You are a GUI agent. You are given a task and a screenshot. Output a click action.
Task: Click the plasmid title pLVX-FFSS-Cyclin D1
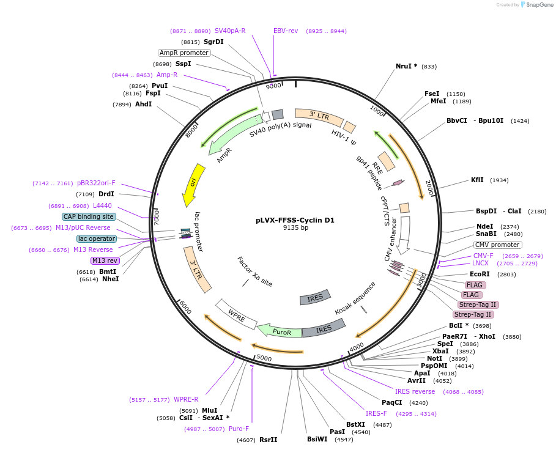pos(295,220)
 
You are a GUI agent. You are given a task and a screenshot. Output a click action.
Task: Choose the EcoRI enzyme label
pos(480,275)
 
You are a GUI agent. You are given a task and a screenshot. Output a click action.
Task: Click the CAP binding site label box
pos(88,216)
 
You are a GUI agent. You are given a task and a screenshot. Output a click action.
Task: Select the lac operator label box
pos(96,238)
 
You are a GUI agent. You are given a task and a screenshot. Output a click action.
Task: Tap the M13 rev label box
pos(105,260)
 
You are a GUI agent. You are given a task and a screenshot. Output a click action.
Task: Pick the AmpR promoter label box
pos(184,53)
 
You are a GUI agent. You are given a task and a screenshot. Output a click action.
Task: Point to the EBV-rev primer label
pos(286,31)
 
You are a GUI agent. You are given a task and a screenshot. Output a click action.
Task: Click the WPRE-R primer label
pos(186,400)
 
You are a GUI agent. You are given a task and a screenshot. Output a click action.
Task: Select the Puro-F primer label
pos(239,429)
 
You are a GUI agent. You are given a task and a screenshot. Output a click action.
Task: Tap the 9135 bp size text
pos(295,228)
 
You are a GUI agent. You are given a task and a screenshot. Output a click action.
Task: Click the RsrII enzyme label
pos(268,440)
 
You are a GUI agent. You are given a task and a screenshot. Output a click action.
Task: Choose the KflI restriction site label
pos(477,180)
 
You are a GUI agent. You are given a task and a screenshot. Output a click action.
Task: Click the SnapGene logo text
pos(539,5)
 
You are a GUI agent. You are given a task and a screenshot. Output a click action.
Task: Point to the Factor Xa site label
pos(254,271)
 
